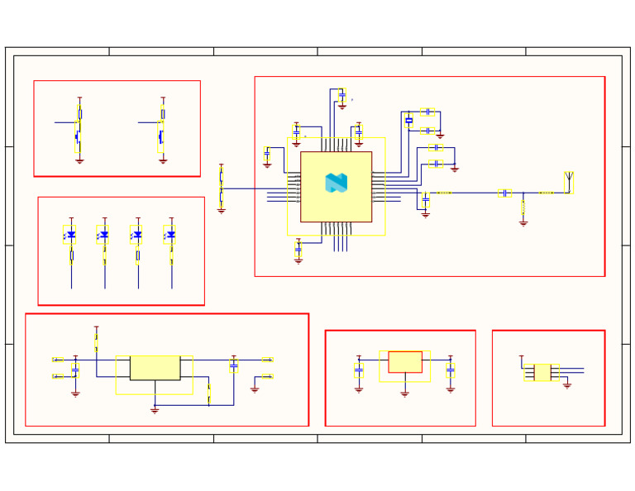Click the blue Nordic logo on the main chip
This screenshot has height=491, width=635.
[x=336, y=183]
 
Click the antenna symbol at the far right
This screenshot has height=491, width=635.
[x=568, y=180]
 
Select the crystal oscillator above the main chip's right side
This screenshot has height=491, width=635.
[x=408, y=121]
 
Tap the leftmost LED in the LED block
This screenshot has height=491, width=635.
[x=70, y=235]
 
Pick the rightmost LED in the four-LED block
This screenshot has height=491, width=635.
[x=170, y=235]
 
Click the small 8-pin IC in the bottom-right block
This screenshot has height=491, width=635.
[x=542, y=372]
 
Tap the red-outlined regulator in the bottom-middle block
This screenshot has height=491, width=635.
[x=404, y=362]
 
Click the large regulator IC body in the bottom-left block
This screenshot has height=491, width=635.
[x=155, y=368]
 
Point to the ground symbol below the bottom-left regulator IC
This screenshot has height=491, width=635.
[x=155, y=410]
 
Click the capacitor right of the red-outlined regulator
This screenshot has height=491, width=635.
[x=450, y=372]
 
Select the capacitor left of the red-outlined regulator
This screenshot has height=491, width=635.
[x=359, y=372]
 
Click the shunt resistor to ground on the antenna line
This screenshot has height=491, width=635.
[x=523, y=207]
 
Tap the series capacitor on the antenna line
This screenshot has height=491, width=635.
[x=504, y=193]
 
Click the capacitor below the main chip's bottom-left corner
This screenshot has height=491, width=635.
[x=298, y=248]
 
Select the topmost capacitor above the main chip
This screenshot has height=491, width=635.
[x=341, y=95]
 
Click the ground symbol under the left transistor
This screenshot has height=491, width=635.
[x=79, y=161]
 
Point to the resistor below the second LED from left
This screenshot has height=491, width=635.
[x=105, y=258]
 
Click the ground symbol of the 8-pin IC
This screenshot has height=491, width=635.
[x=567, y=385]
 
